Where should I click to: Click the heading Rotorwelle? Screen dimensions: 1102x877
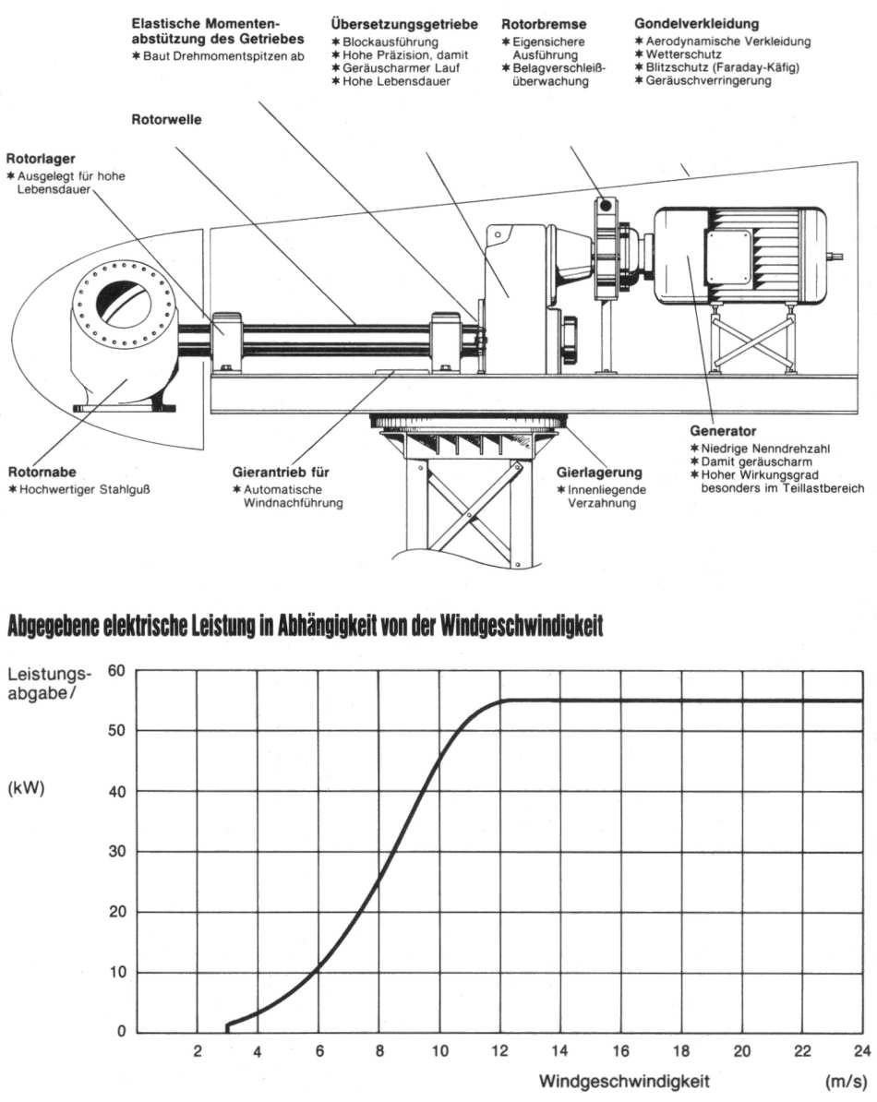[167, 119]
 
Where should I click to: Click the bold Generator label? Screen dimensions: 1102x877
[723, 431]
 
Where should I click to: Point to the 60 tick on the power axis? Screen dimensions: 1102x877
[116, 670]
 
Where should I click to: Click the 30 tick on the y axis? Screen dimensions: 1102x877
[116, 852]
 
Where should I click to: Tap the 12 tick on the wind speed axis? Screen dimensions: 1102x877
[500, 1051]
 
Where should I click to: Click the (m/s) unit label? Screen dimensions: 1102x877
[845, 1080]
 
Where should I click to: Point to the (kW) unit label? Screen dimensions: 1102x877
[27, 790]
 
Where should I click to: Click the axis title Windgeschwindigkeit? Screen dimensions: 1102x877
[625, 1080]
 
